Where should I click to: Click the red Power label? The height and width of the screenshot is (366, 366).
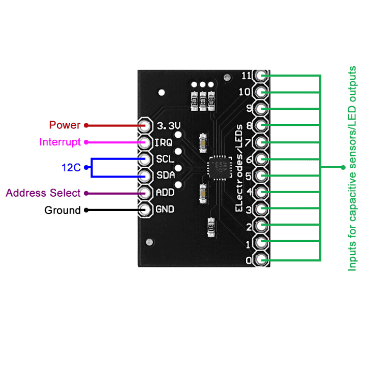click(x=65, y=125)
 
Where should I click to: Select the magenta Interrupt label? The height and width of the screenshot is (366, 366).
click(x=60, y=142)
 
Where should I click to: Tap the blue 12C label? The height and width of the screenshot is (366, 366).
click(x=71, y=168)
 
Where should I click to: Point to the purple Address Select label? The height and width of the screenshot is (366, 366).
click(x=43, y=193)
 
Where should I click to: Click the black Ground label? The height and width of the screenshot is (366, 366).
click(x=63, y=210)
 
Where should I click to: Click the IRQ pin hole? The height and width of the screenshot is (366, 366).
click(x=145, y=142)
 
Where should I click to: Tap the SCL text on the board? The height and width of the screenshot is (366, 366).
click(x=165, y=159)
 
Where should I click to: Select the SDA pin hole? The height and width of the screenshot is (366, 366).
click(x=145, y=176)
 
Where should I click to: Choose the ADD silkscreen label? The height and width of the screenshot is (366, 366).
click(x=165, y=193)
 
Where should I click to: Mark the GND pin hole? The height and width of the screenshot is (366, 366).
click(x=145, y=209)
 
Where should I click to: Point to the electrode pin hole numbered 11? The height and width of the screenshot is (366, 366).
click(x=262, y=76)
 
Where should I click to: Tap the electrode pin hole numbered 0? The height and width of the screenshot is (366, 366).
click(x=262, y=260)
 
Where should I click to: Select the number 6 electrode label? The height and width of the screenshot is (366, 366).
click(x=249, y=160)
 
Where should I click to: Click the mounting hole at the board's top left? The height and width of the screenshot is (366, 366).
click(x=162, y=93)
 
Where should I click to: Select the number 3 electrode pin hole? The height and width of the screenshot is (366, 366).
click(x=262, y=209)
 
